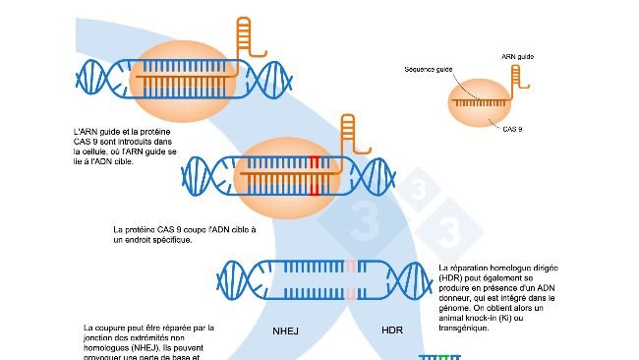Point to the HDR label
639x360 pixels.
pos(392,330)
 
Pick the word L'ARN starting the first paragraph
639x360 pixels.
pos(86,131)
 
